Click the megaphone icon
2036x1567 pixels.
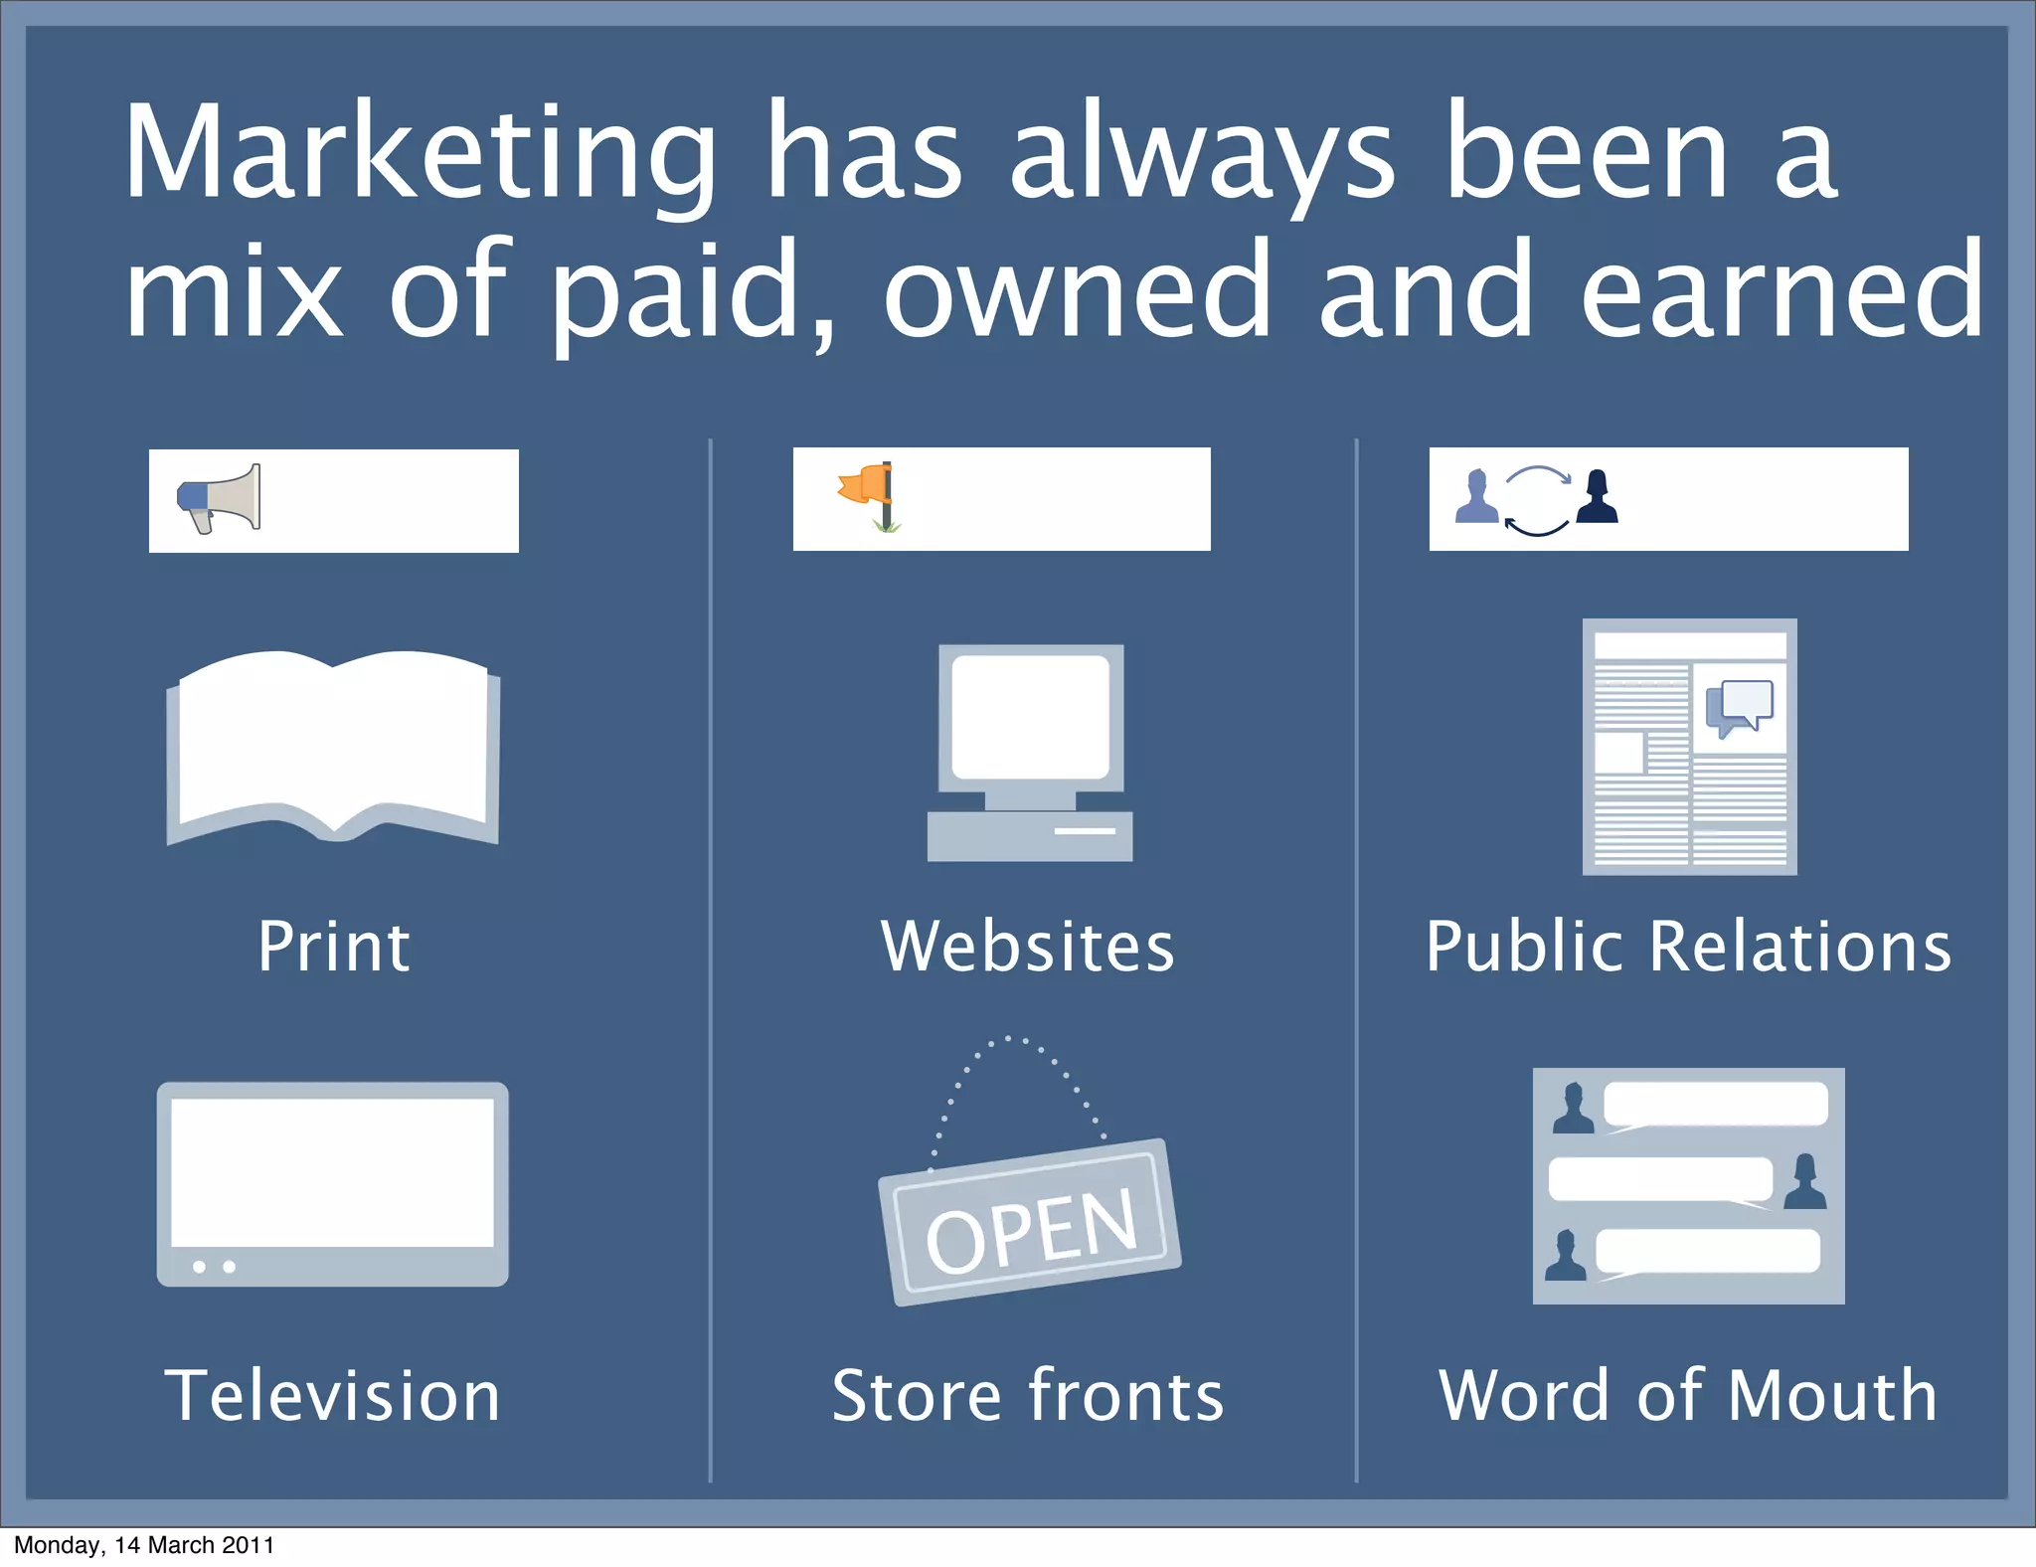[x=220, y=498]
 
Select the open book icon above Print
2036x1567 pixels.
[x=333, y=746]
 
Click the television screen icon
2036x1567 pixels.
[x=333, y=1183]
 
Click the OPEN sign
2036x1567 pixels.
[x=1030, y=1223]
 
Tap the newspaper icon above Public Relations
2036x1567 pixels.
[x=1689, y=747]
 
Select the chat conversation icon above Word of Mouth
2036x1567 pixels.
[x=1688, y=1185]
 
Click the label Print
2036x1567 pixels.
[x=333, y=946]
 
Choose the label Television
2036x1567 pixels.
[x=333, y=1395]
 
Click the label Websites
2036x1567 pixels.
[x=1028, y=946]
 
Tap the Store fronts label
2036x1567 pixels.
[x=1028, y=1395]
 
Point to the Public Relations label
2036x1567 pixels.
[x=1688, y=946]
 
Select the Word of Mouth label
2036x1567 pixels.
[x=1688, y=1395]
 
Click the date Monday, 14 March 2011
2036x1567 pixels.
[x=144, y=1545]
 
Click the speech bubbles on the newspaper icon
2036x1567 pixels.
[x=1739, y=707]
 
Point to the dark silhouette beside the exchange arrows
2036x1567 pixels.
[x=1597, y=496]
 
